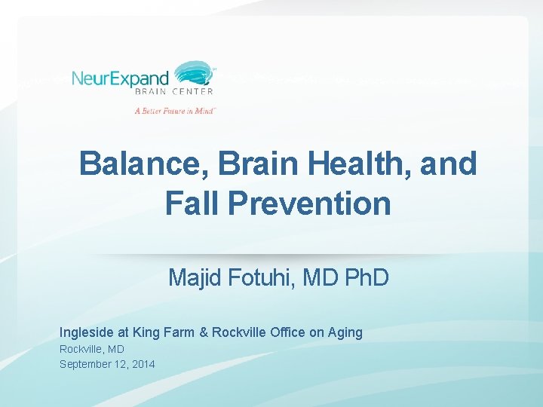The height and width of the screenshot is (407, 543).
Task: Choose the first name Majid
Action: pyautogui.click(x=193, y=278)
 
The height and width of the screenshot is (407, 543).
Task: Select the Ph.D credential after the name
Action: pyautogui.click(x=366, y=278)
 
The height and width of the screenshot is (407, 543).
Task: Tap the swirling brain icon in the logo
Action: pyautogui.click(x=194, y=77)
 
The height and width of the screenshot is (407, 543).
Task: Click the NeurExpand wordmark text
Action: pyautogui.click(x=121, y=78)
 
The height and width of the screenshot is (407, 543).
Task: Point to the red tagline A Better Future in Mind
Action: pyautogui.click(x=175, y=110)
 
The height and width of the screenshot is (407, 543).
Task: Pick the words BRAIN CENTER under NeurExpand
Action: pyautogui.click(x=173, y=92)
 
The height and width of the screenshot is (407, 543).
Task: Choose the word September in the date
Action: pyautogui.click(x=84, y=364)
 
